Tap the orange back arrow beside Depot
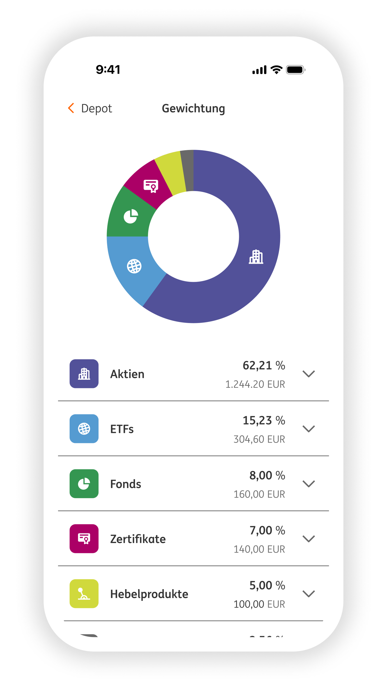coord(71,108)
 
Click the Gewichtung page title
coord(193,108)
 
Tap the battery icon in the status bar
coord(295,70)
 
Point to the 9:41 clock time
coord(108,70)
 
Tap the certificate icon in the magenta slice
coord(151,186)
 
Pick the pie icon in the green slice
coord(131,216)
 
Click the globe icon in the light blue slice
coord(134,266)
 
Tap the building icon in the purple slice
coord(256,257)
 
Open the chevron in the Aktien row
coord(308,374)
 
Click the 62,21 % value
coord(264,365)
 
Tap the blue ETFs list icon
coord(84,429)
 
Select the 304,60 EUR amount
coord(259,439)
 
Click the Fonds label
coord(126,484)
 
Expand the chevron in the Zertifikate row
coord(308,539)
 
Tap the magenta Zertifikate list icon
coord(84,539)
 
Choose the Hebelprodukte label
coord(149,594)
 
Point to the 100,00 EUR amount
coord(259,604)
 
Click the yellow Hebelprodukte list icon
coord(84,594)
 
